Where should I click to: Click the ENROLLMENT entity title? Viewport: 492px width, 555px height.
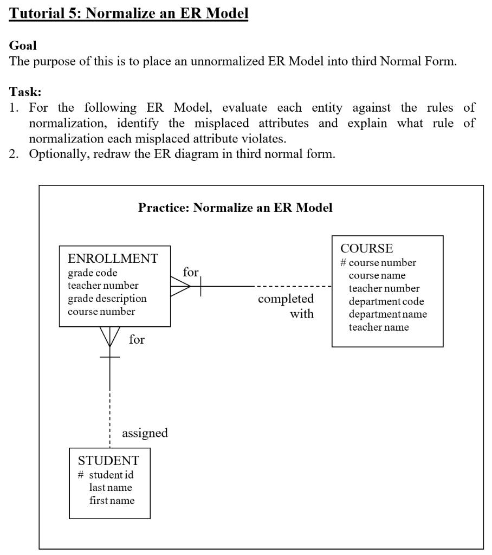tap(113, 259)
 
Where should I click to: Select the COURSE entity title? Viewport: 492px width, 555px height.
tap(366, 248)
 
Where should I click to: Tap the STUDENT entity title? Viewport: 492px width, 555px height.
tap(108, 461)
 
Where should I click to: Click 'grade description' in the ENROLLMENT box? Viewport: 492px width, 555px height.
tap(107, 298)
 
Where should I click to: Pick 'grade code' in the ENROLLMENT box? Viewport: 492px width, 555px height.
tap(92, 273)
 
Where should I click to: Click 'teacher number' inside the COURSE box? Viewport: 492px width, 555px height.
tap(384, 288)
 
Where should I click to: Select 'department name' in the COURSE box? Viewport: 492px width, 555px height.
tap(387, 314)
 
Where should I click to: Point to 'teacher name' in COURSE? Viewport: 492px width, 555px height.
tap(378, 327)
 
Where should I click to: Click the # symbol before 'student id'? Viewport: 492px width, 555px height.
tap(81, 475)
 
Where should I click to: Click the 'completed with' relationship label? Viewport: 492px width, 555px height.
tap(286, 306)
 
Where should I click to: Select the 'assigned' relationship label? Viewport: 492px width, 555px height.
tap(145, 433)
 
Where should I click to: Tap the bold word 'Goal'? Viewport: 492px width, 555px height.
tap(23, 47)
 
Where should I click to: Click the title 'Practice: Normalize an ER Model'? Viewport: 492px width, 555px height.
tap(235, 208)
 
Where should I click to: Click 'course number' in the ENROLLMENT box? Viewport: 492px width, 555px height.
tap(101, 311)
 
